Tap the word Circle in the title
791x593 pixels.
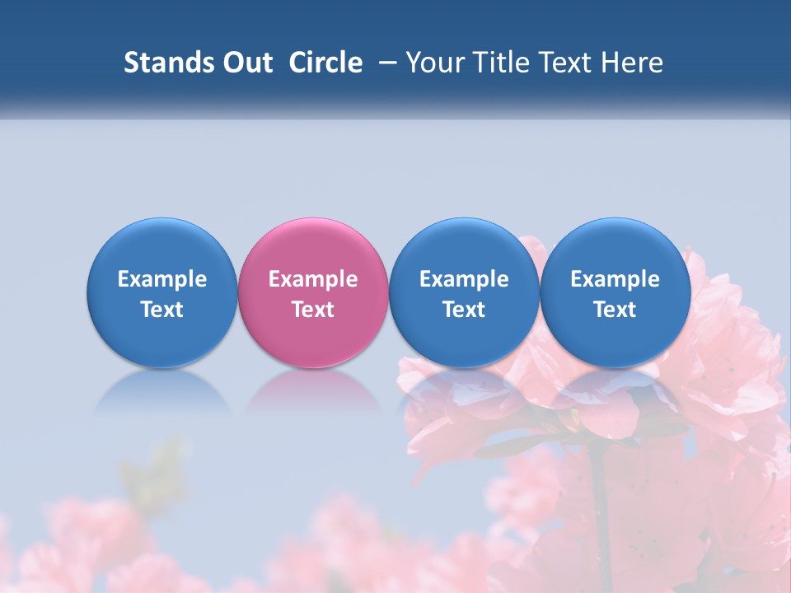tap(325, 63)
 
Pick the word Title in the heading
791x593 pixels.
tap(500, 63)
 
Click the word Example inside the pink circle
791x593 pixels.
tap(313, 279)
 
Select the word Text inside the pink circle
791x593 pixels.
tap(313, 310)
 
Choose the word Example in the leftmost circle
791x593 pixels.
tap(162, 279)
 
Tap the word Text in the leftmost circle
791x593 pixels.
tap(162, 310)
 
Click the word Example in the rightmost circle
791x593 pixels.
tap(615, 279)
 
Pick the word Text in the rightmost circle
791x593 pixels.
tap(615, 310)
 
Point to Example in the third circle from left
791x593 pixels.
tap(465, 279)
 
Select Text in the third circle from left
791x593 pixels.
tap(465, 310)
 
